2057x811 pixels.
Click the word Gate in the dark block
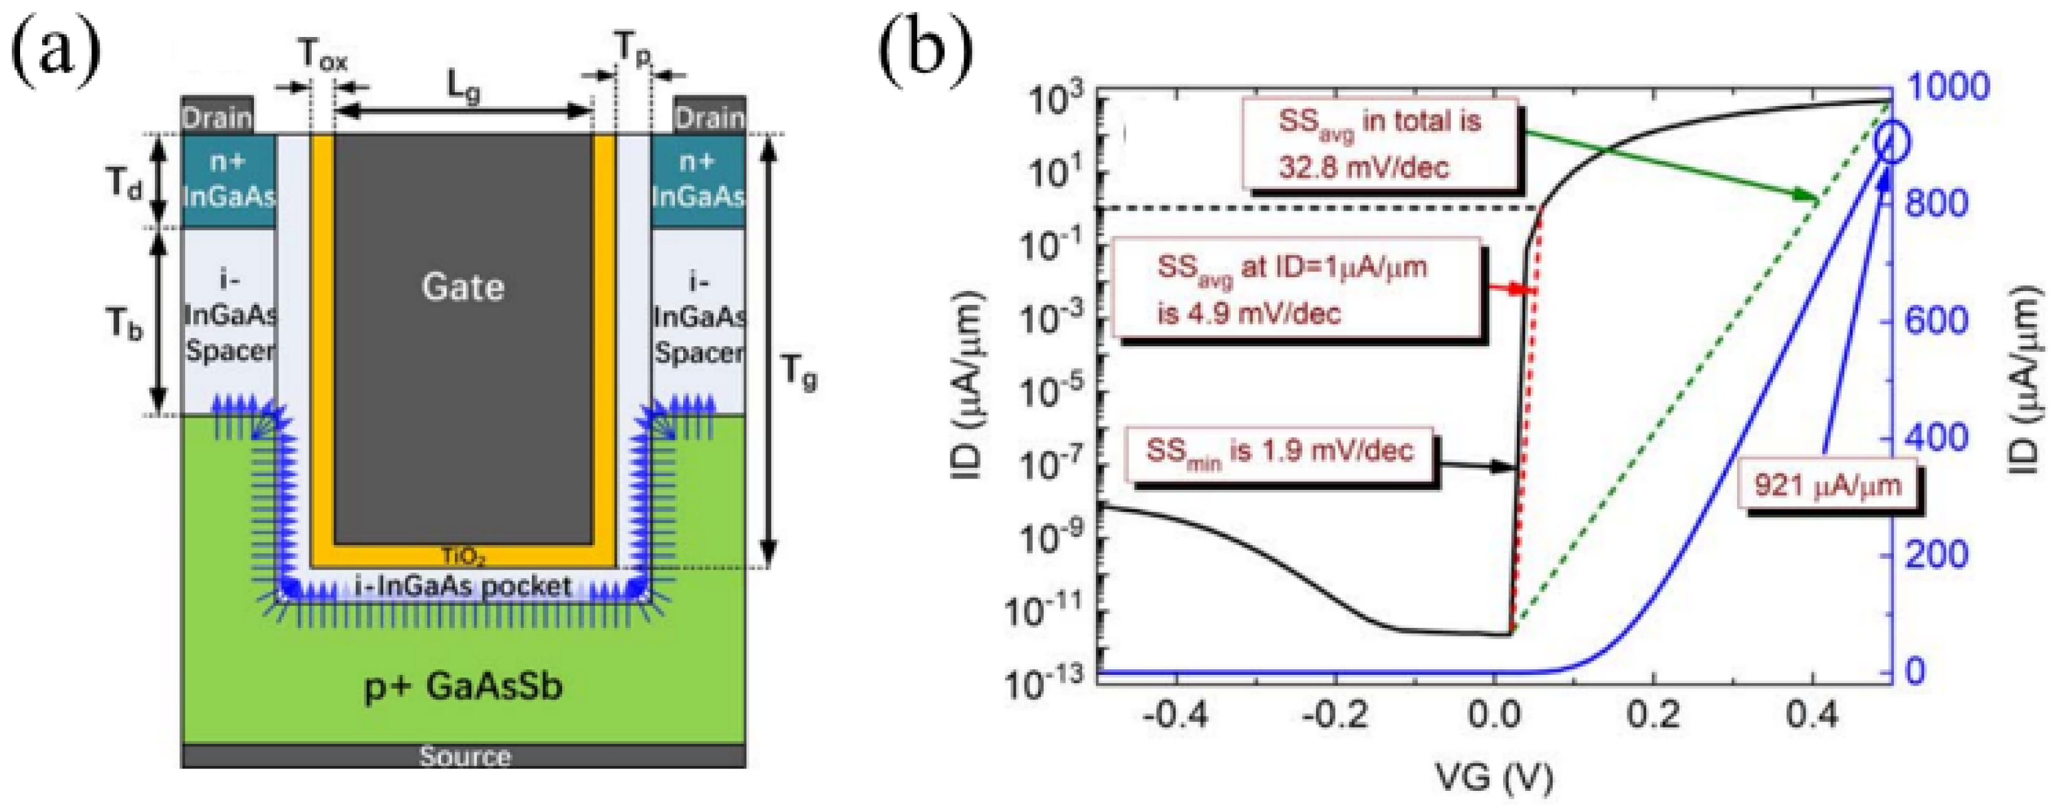click(462, 287)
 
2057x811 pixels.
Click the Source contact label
click(465, 756)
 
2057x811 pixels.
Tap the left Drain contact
click(217, 117)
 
